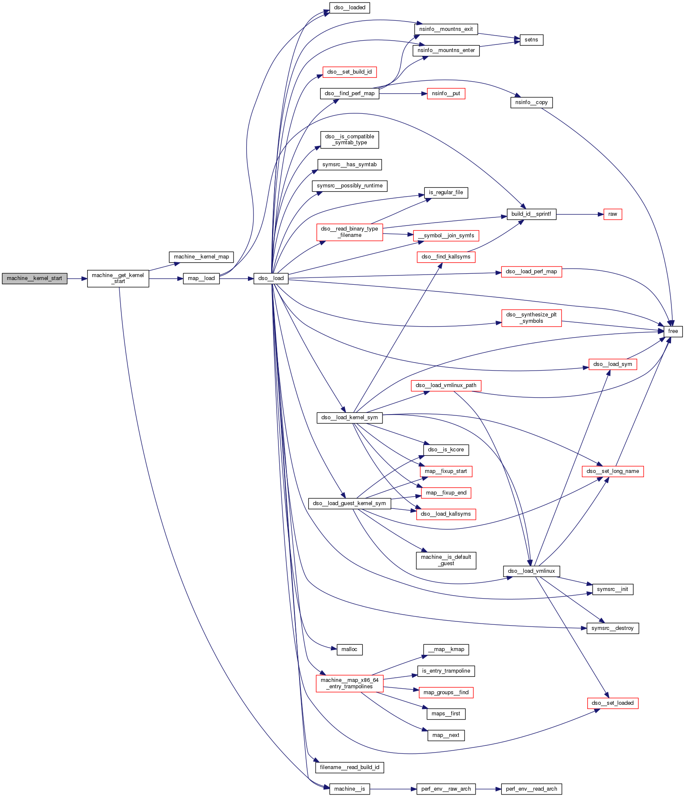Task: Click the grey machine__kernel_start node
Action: click(34, 278)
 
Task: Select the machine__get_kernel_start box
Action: click(118, 278)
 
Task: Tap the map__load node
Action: click(201, 278)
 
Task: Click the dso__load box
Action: click(271, 278)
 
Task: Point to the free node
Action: click(673, 331)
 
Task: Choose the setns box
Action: click(531, 40)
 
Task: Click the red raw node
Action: click(612, 214)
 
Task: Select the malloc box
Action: click(349, 649)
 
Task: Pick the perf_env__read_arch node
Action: click(531, 789)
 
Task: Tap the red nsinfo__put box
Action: click(446, 93)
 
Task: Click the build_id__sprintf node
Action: click(531, 214)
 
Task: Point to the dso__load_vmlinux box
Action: click(531, 571)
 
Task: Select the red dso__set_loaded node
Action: click(612, 703)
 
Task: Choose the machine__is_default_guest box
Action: click(446, 560)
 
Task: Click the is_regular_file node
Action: click(446, 192)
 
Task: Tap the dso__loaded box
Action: click(349, 8)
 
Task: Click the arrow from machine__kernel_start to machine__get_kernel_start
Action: click(77, 279)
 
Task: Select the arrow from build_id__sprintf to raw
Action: click(580, 214)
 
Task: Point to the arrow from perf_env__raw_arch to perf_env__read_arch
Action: click(488, 789)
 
